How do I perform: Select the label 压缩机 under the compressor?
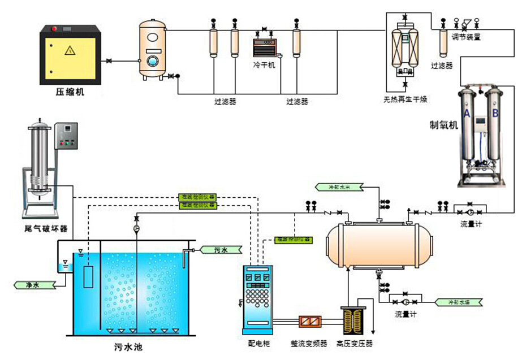(x=70, y=92)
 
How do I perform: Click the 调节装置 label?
(x=466, y=37)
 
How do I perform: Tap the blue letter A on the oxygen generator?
(x=467, y=113)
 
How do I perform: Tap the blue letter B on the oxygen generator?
(x=495, y=113)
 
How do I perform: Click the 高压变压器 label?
(x=355, y=343)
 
